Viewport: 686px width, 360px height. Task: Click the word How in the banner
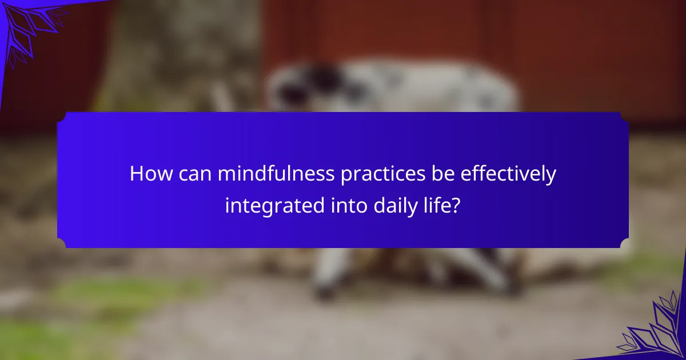point(151,174)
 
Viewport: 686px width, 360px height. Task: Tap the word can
point(195,174)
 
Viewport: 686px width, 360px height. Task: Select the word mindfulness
point(276,173)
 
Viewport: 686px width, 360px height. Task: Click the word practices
point(383,175)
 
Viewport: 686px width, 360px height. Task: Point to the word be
point(443,173)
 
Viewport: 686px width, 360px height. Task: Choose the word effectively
point(508,175)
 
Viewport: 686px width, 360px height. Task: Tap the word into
point(349,205)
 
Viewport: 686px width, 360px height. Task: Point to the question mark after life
point(456,205)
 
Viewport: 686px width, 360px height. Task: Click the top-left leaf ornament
point(31,31)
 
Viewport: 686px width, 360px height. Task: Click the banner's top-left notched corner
point(61,117)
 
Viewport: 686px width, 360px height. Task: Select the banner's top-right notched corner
point(624,117)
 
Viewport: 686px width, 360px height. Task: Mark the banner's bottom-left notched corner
point(61,243)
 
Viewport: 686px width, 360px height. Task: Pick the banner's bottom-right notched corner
point(624,243)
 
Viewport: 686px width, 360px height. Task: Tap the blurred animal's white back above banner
point(429,86)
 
